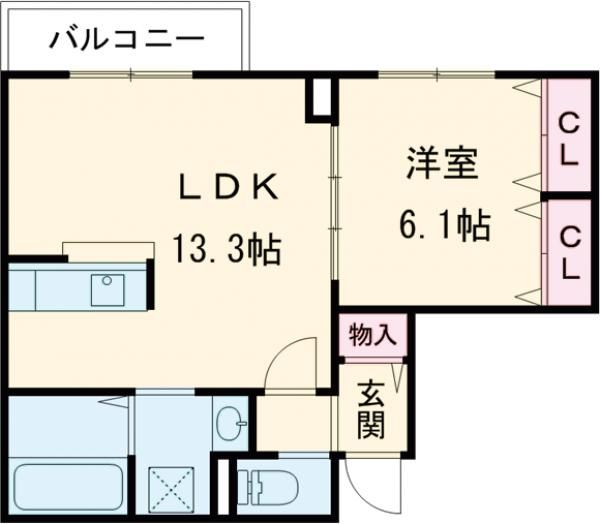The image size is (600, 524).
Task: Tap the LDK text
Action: point(227,188)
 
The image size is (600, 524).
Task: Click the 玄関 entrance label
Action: point(370,409)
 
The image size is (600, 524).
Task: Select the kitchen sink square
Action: point(107,289)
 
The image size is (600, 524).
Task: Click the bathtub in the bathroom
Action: point(67,489)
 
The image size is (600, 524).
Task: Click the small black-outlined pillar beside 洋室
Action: point(318,98)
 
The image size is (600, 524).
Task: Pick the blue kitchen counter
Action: point(76,289)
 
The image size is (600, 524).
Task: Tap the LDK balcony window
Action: point(130,75)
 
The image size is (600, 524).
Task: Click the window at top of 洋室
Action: point(437,75)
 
